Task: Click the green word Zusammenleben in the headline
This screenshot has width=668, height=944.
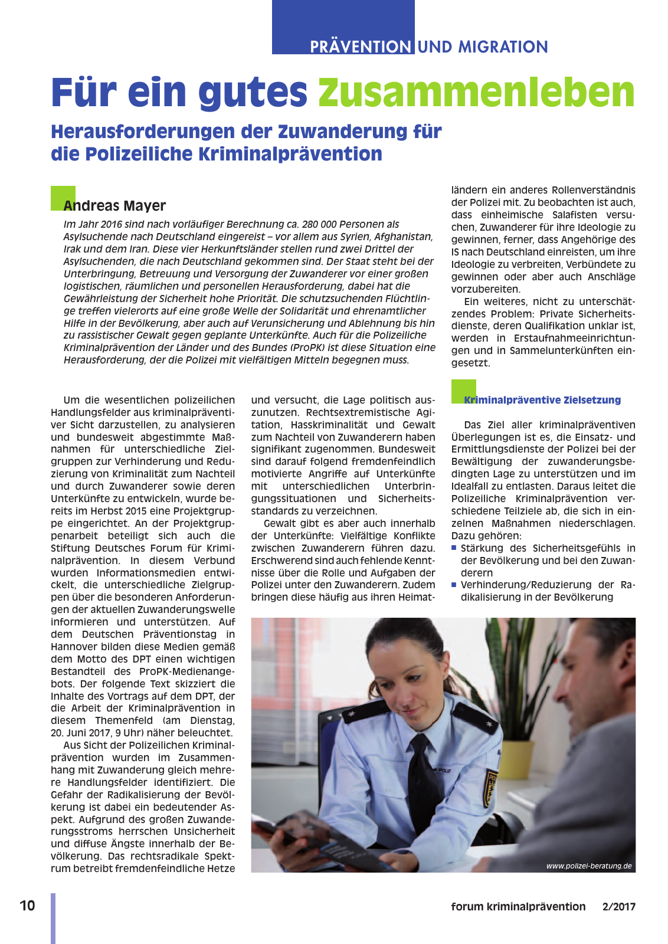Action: coord(476,93)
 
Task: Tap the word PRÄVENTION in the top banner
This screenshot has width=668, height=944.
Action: coord(361,47)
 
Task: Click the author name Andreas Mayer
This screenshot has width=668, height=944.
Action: coord(114,205)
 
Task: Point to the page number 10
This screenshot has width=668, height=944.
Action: coord(27,906)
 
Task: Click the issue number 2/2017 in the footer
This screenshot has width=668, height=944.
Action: coord(618,906)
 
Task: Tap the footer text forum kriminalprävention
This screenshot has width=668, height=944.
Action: coord(518,906)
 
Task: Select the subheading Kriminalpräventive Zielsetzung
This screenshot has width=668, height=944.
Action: coord(542,399)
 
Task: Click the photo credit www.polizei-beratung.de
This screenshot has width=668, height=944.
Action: coord(588,866)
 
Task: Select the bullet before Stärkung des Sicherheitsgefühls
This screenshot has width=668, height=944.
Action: coord(454,548)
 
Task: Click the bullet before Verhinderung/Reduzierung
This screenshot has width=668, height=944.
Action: coord(454,585)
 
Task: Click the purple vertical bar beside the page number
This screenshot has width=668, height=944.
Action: coord(53,917)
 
